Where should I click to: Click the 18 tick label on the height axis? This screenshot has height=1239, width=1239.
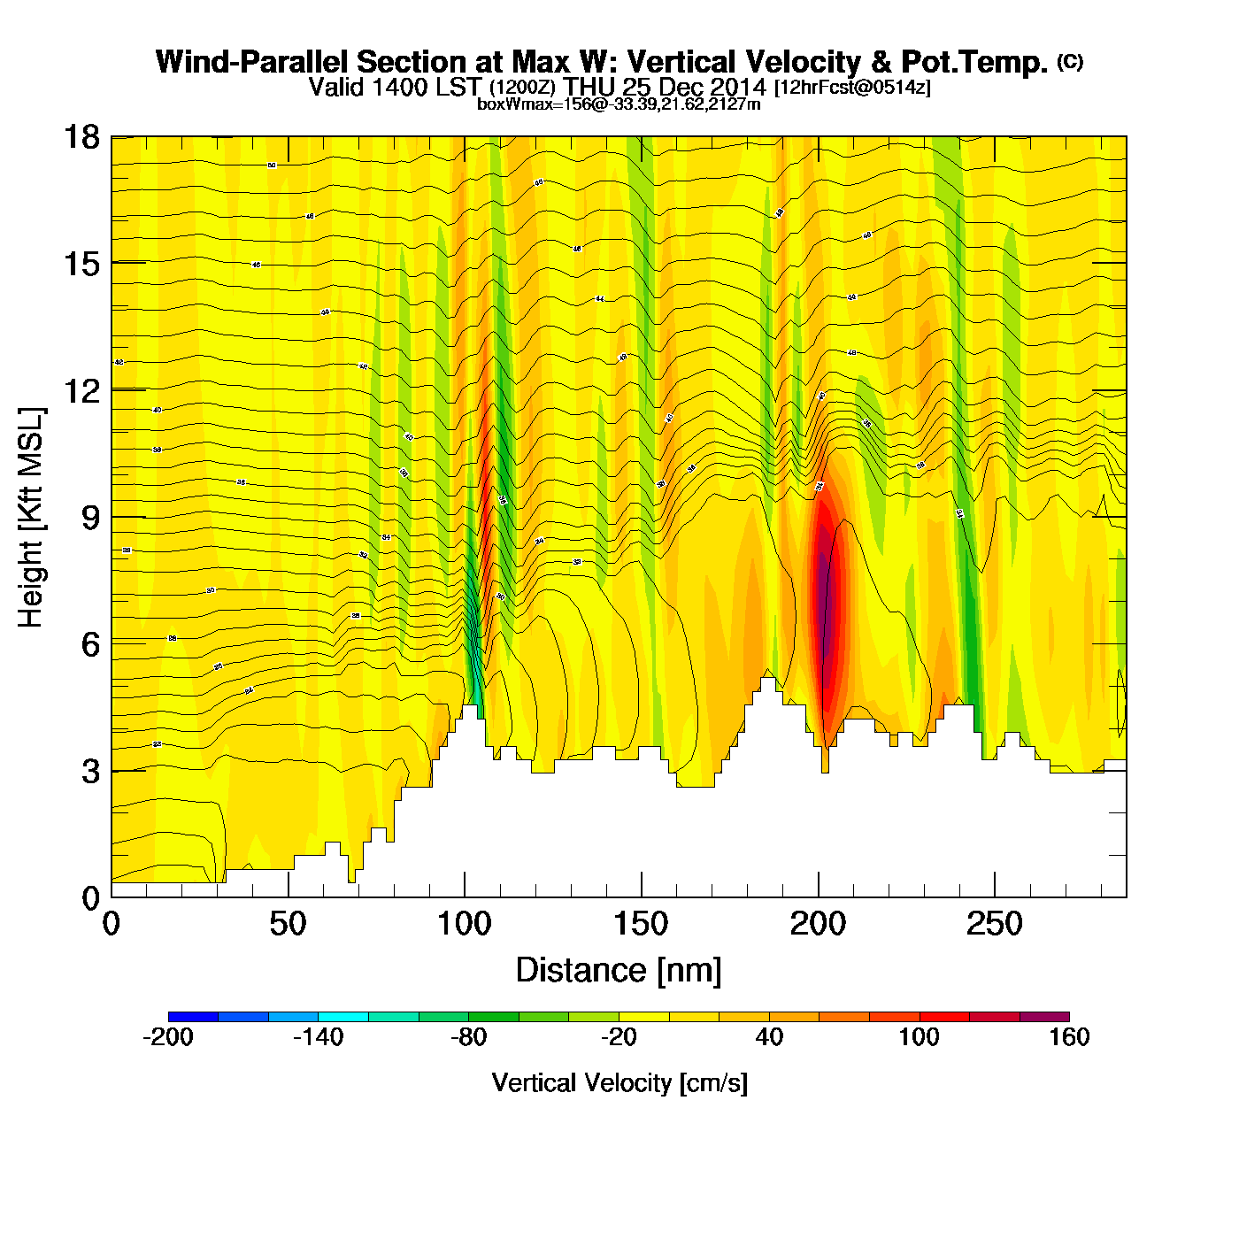(81, 137)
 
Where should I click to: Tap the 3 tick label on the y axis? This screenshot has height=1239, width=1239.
(91, 771)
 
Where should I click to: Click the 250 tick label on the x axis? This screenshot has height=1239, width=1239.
(994, 925)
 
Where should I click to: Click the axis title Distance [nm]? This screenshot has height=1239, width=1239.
(619, 971)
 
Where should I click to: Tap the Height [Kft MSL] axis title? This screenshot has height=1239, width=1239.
(32, 518)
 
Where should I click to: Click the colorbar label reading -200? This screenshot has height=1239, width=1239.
(168, 1037)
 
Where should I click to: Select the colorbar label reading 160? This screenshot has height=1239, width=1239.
(1069, 1037)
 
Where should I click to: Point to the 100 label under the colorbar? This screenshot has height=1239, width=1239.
(919, 1037)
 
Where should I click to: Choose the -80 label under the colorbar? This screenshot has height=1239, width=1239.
(468, 1037)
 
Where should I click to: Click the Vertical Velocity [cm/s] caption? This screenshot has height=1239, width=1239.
(619, 1082)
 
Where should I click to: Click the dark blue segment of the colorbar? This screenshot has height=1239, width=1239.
(193, 1017)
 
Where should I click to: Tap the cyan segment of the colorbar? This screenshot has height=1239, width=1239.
(343, 1017)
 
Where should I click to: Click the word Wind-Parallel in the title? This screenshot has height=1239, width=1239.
(252, 62)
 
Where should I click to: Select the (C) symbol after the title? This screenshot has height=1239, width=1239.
(1070, 61)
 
